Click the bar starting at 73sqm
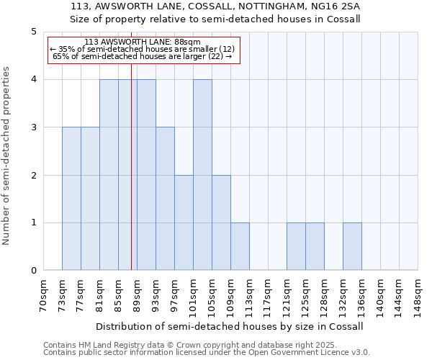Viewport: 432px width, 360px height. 71,199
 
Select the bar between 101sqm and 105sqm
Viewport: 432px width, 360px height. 202,175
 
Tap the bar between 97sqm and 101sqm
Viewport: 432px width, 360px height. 184,222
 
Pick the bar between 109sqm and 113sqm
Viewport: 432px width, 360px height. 240,246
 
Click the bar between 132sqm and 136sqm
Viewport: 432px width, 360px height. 352,246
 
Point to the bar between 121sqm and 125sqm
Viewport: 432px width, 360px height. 296,246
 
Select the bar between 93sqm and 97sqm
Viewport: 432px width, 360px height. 165,199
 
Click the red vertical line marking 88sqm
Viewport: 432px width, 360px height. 132,180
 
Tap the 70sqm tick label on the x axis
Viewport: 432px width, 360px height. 43,295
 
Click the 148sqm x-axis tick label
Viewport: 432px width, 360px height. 418,295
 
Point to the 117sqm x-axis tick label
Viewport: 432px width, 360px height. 268,295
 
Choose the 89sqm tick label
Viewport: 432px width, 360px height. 137,295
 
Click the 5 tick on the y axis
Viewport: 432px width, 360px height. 33,32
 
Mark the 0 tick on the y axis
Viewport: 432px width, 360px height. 33,271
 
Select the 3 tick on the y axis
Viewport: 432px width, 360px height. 33,127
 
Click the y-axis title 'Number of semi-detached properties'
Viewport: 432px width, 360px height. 7,156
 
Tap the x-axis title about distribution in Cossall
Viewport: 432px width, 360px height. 230,326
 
